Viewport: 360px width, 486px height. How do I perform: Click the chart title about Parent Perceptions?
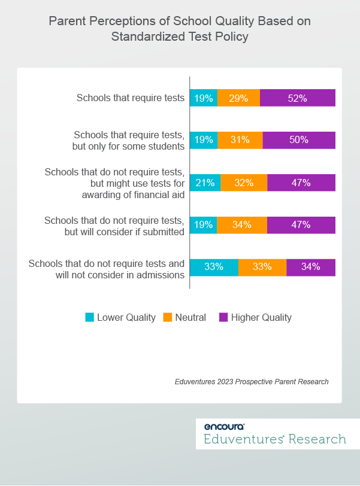pos(180,29)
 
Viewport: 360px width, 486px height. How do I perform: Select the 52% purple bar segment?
pos(298,98)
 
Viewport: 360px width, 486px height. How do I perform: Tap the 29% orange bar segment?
pos(238,98)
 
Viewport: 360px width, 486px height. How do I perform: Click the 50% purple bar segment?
pos(299,140)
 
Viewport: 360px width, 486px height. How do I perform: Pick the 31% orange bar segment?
pos(240,140)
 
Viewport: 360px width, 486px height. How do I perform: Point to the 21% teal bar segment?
pos(205,183)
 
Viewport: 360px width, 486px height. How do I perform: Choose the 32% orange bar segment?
pos(244,183)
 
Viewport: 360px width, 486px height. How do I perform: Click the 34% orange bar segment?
pos(242,225)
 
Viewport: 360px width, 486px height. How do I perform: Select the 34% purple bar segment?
pos(311,267)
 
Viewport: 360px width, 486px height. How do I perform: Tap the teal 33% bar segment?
pos(214,267)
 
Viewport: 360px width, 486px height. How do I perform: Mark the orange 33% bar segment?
pos(262,267)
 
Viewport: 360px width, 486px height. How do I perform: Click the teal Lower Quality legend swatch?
pos(90,317)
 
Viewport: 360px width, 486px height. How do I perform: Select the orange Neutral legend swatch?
pos(168,317)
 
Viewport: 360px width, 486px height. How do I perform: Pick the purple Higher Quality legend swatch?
pos(223,317)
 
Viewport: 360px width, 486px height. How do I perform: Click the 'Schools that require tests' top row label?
pos(130,98)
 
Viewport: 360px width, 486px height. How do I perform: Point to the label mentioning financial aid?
pos(114,183)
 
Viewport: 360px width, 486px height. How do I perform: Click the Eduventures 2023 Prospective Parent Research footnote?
pos(252,381)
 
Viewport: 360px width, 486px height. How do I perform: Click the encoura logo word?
pos(224,427)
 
